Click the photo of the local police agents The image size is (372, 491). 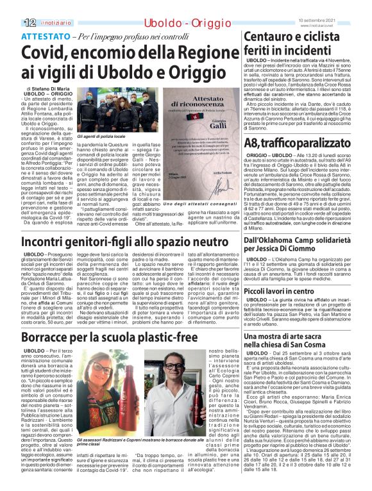116,111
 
